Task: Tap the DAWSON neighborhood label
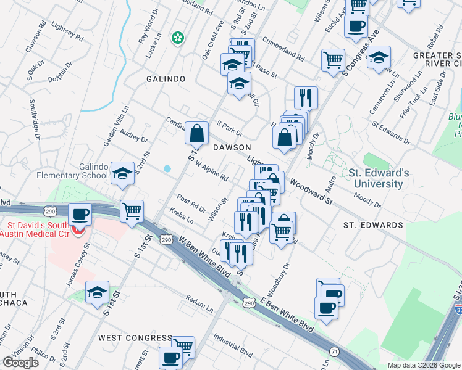[x=232, y=147]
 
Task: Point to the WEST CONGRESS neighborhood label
[x=135, y=338]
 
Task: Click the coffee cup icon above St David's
[x=80, y=215]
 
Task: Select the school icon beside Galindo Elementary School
[x=122, y=173]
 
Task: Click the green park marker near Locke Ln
[x=178, y=38]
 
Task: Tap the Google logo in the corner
[x=20, y=363]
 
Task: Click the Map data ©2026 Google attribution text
[x=424, y=365]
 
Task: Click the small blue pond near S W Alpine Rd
[x=167, y=168]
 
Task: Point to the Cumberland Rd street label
[x=283, y=49]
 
